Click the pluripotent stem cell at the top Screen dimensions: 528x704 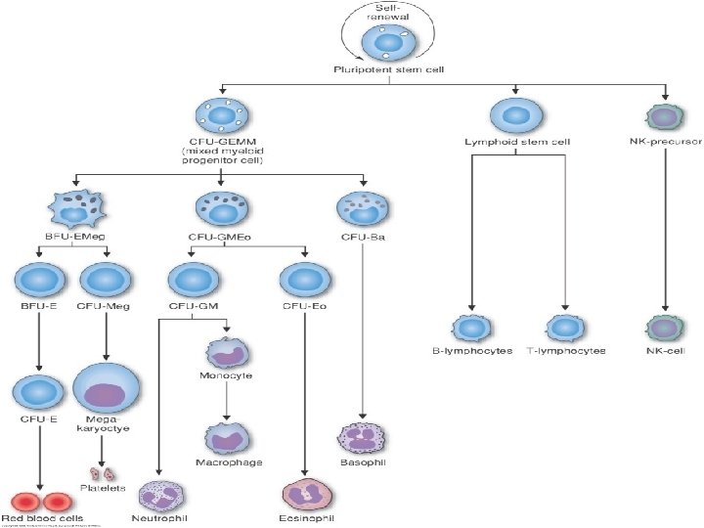(x=382, y=45)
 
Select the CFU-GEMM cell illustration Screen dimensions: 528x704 (x=222, y=117)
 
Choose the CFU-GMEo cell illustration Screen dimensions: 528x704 (x=222, y=207)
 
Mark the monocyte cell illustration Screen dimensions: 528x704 (x=226, y=352)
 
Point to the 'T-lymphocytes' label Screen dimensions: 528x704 (x=565, y=350)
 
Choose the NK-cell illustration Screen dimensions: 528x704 (x=665, y=328)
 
